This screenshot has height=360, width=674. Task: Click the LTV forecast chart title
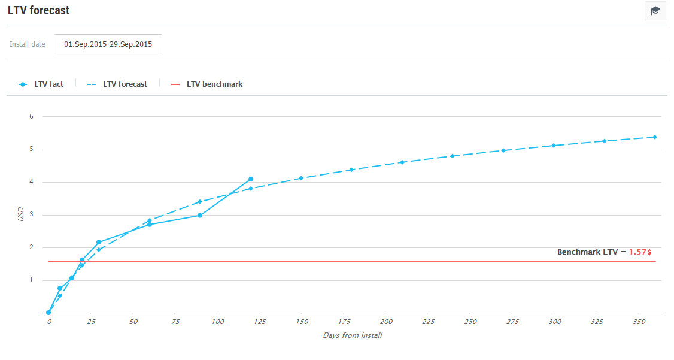(x=39, y=10)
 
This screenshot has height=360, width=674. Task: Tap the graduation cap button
(x=655, y=11)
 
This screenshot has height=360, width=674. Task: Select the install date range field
(x=108, y=44)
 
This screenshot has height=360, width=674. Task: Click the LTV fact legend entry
(x=41, y=84)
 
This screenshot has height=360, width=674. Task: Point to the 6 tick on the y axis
(x=31, y=116)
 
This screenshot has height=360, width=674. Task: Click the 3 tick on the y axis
(x=31, y=214)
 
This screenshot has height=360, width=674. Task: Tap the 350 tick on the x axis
(x=639, y=322)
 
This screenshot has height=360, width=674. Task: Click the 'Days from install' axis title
(x=353, y=335)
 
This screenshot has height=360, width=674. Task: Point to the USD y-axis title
(x=21, y=214)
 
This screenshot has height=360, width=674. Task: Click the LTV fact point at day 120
(x=251, y=179)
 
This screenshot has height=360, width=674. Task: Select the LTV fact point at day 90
(x=200, y=215)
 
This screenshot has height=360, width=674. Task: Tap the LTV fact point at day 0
(x=48, y=313)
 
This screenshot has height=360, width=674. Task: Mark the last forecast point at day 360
(x=655, y=137)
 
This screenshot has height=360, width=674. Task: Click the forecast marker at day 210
(x=402, y=162)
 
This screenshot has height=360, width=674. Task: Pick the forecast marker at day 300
(x=554, y=146)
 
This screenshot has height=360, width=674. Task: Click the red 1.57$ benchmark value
(x=640, y=252)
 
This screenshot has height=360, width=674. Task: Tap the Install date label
(x=28, y=44)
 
